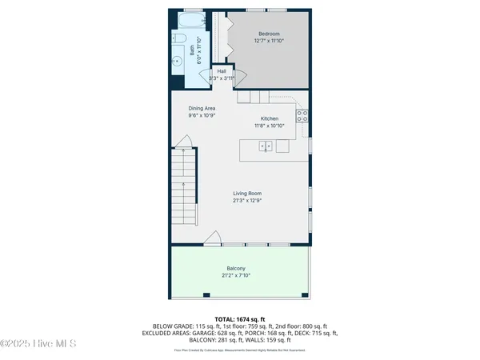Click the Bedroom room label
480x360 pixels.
[x=268, y=34]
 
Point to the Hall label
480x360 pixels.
[x=221, y=72]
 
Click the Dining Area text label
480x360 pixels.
[x=202, y=108]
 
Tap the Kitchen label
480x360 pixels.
[x=269, y=118]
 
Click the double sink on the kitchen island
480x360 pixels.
[x=267, y=146]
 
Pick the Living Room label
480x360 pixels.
[x=247, y=193]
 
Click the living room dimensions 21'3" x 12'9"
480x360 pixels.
[x=247, y=200]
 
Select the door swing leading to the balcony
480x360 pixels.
[x=213, y=238]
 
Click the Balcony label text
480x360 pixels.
[x=236, y=268]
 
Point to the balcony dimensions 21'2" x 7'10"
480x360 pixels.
[x=236, y=275]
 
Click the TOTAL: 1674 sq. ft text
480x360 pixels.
[x=240, y=318]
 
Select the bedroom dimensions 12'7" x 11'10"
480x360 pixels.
[x=268, y=41]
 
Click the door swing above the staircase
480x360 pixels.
[x=184, y=143]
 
